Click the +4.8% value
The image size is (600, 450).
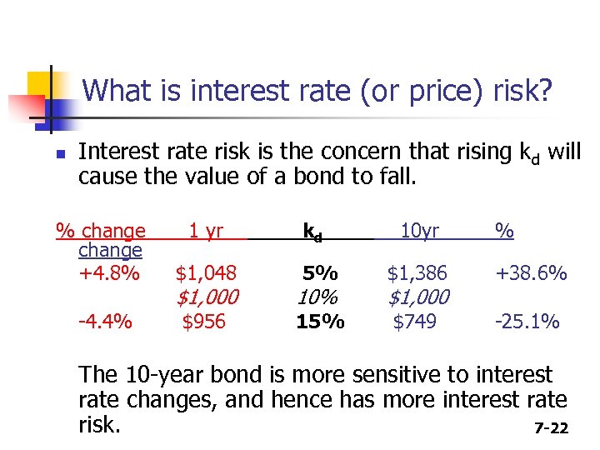point(108,272)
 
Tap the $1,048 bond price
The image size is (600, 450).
point(205,272)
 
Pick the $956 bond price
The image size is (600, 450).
point(204,322)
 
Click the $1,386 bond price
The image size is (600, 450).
point(417,272)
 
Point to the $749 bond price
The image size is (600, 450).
point(414,322)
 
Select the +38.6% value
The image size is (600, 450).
point(531,272)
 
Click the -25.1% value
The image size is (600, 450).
point(527,322)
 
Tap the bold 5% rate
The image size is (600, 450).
point(320,272)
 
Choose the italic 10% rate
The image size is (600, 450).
point(318,297)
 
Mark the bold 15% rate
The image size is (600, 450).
point(320,322)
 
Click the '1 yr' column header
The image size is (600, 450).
point(205,231)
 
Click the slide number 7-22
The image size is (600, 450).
point(551,428)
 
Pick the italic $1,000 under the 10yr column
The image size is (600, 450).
point(418,297)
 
